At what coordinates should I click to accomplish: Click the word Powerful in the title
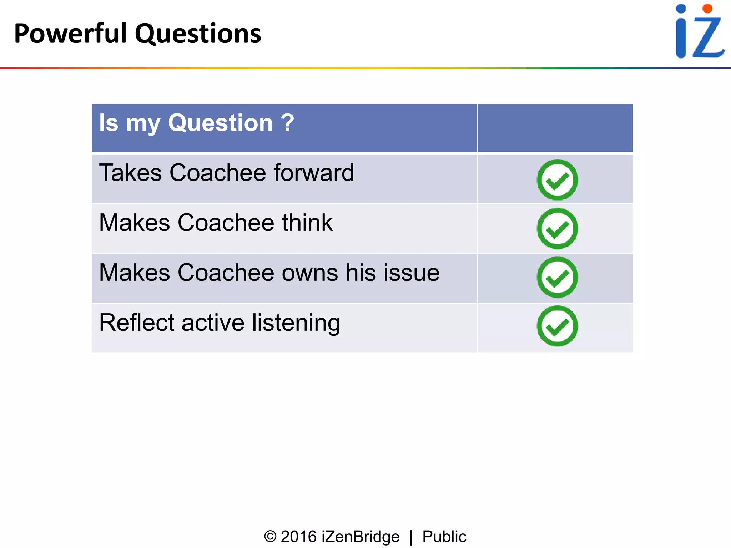pyautogui.click(x=71, y=34)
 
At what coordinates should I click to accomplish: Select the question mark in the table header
pyautogui.click(x=287, y=123)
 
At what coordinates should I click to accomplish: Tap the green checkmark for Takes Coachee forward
pyautogui.click(x=557, y=180)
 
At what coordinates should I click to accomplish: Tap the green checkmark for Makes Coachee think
pyautogui.click(x=557, y=229)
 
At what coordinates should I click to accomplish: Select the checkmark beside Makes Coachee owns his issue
pyautogui.click(x=557, y=277)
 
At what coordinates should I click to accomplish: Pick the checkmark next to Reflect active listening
pyautogui.click(x=557, y=326)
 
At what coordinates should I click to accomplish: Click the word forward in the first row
pyautogui.click(x=314, y=173)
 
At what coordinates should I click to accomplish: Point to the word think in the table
pyautogui.click(x=307, y=223)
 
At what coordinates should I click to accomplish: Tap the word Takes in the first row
pyautogui.click(x=130, y=173)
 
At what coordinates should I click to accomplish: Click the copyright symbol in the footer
pyautogui.click(x=270, y=537)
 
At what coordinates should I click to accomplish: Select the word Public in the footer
pyautogui.click(x=444, y=537)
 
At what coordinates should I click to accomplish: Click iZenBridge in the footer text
pyautogui.click(x=361, y=537)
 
